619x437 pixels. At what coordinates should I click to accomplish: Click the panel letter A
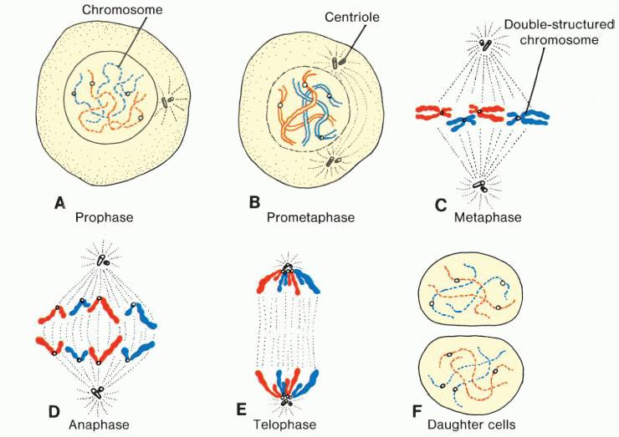[59, 202]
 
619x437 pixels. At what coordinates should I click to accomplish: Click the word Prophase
[105, 218]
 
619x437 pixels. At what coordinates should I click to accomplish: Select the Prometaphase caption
[310, 218]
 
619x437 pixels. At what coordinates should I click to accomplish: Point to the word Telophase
[285, 425]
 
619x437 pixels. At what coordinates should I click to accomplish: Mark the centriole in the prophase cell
[166, 102]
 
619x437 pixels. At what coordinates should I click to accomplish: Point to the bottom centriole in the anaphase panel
[99, 390]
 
